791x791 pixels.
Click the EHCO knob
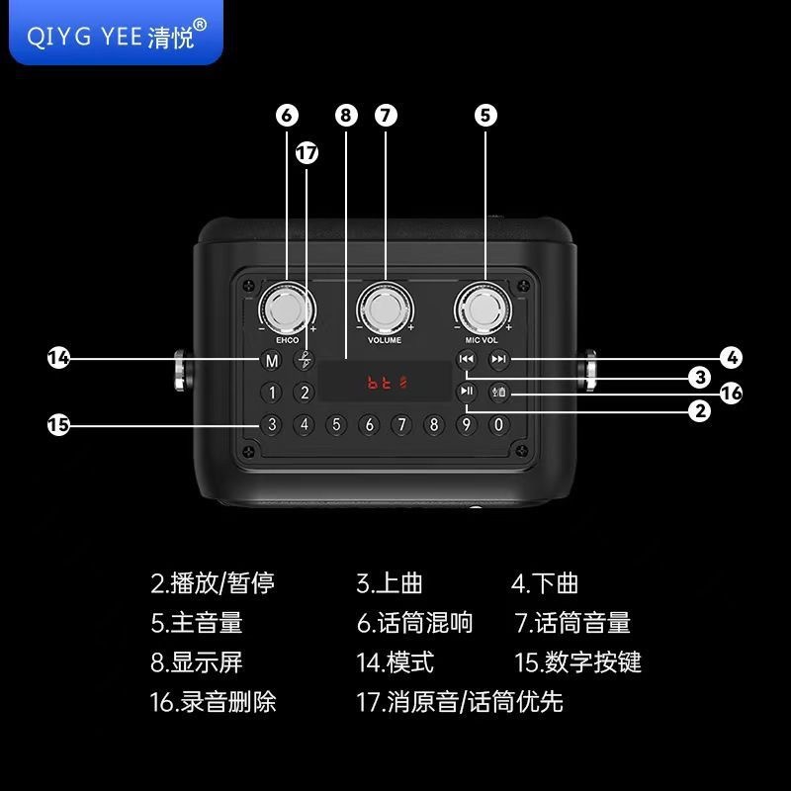click(x=287, y=310)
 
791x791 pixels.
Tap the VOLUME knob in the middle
click(x=385, y=310)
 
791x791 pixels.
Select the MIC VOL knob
click(x=483, y=310)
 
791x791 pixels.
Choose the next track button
click(x=499, y=360)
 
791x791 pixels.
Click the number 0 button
click(x=499, y=425)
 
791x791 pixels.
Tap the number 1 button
click(x=273, y=393)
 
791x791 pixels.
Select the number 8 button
click(x=433, y=425)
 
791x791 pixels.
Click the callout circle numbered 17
click(x=308, y=153)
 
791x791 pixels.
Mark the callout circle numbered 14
click(x=59, y=358)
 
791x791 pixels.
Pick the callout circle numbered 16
click(x=731, y=394)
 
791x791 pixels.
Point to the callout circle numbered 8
click(x=345, y=115)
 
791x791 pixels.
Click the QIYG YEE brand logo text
click(x=117, y=36)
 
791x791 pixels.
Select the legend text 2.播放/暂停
click(x=213, y=583)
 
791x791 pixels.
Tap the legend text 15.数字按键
click(x=578, y=661)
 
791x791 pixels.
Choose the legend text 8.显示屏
click(x=197, y=661)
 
